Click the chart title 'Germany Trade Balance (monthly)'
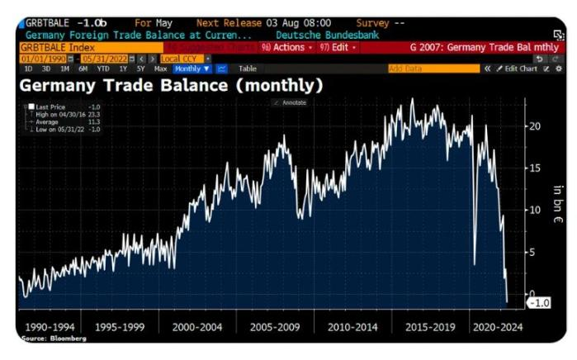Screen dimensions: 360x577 click(171, 84)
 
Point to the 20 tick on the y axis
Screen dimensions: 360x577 click(534, 126)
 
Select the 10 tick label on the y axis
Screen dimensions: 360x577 click(534, 210)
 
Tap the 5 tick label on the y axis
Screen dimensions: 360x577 click(536, 252)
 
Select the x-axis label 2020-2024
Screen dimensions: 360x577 click(498, 327)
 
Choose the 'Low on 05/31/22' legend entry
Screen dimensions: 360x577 click(59, 129)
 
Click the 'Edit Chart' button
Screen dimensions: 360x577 click(522, 69)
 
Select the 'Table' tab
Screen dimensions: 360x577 click(248, 69)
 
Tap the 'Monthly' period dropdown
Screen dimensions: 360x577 click(192, 69)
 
